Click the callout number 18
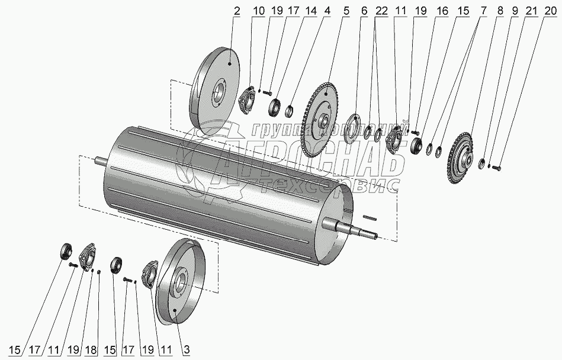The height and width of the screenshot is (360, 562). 90,351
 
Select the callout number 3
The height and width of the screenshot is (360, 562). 185,351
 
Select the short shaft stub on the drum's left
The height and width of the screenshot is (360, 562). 100,160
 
